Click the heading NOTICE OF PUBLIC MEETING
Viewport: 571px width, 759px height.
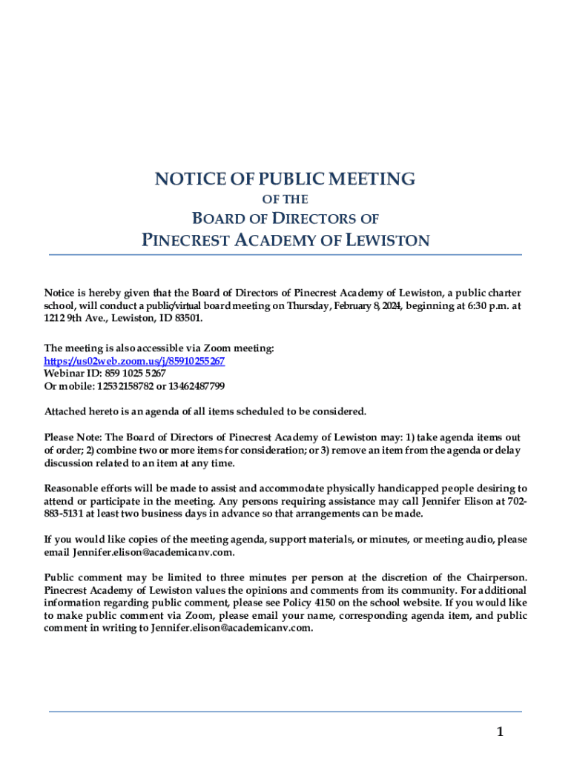pos(285,179)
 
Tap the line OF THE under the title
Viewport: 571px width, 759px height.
pos(285,199)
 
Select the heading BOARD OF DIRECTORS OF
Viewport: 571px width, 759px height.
pos(285,219)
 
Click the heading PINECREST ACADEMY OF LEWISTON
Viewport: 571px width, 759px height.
pos(285,240)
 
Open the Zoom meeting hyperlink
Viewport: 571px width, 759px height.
pos(134,360)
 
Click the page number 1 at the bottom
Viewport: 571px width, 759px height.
pos(500,732)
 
